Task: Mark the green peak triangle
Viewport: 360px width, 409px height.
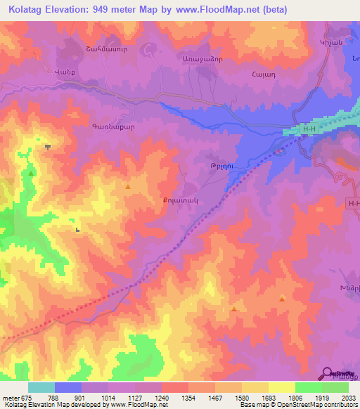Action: click(x=31, y=173)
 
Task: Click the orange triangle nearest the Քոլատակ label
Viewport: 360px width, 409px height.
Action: click(x=127, y=187)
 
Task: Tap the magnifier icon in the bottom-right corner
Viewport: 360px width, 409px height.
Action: click(x=328, y=373)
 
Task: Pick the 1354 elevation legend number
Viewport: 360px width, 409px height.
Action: click(x=188, y=397)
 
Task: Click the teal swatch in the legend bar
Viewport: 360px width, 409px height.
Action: click(x=41, y=387)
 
